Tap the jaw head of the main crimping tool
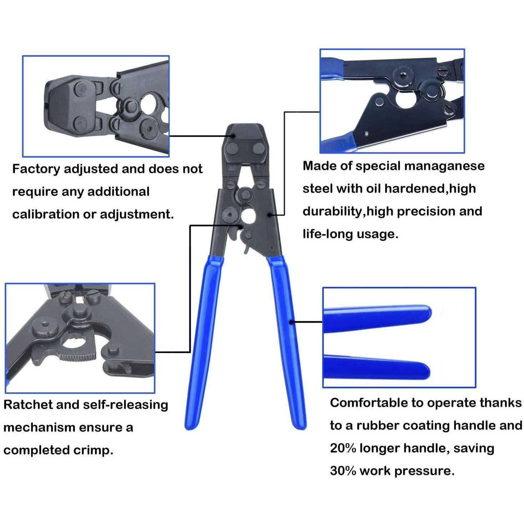click(x=243, y=143)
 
